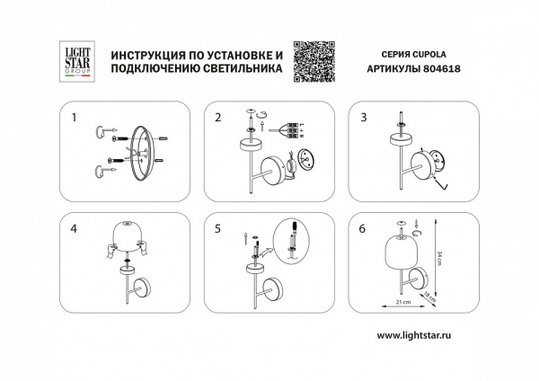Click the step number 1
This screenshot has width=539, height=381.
point(75,118)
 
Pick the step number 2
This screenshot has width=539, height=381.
point(217,118)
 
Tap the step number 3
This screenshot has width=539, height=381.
point(363,118)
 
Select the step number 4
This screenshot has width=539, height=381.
point(75,228)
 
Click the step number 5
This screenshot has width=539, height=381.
point(217,228)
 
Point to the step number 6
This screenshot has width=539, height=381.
point(363,228)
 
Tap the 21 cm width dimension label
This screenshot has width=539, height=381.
point(405,305)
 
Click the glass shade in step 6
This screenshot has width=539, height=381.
point(398,253)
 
